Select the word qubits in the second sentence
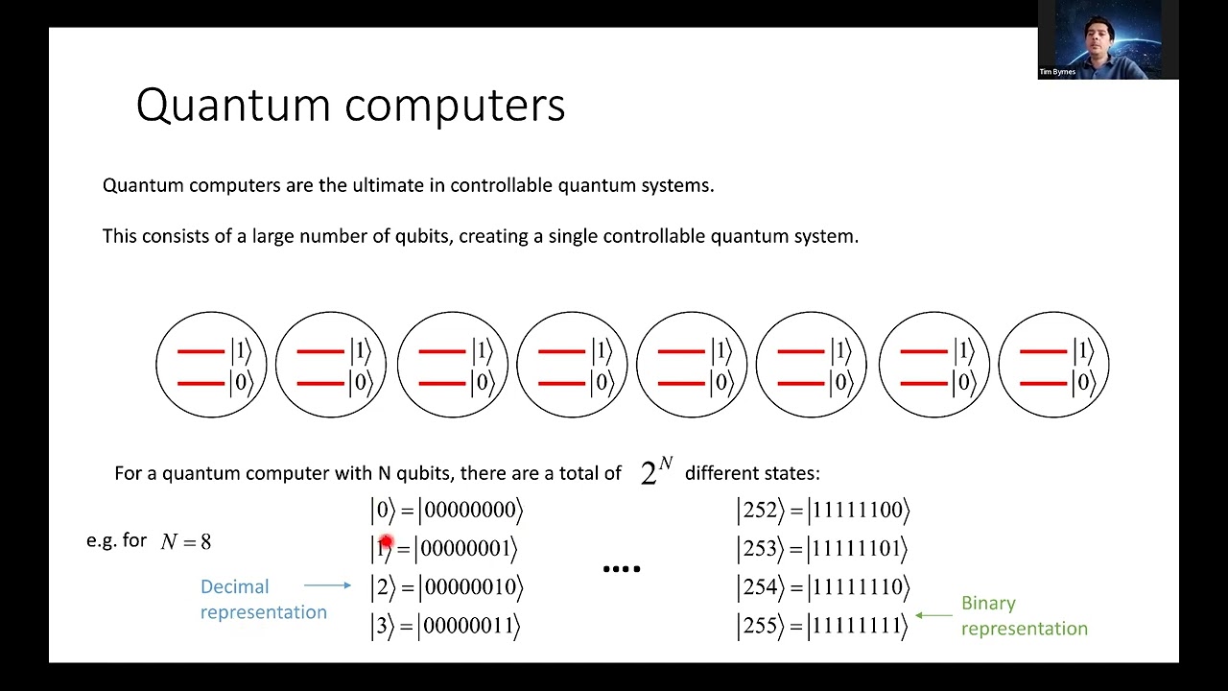click(x=421, y=236)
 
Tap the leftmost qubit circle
click(x=211, y=366)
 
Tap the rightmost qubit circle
click(x=1053, y=366)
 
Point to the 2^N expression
click(x=656, y=471)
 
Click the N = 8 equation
click(x=185, y=541)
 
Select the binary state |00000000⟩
click(x=470, y=511)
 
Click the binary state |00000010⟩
click(x=470, y=587)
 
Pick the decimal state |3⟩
click(x=382, y=627)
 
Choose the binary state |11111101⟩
click(x=857, y=549)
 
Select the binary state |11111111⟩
click(x=857, y=627)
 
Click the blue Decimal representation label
click(x=263, y=600)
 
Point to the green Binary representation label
click(x=1024, y=615)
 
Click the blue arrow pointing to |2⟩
click(x=327, y=584)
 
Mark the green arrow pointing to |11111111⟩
click(x=933, y=615)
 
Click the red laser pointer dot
click(x=386, y=543)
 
